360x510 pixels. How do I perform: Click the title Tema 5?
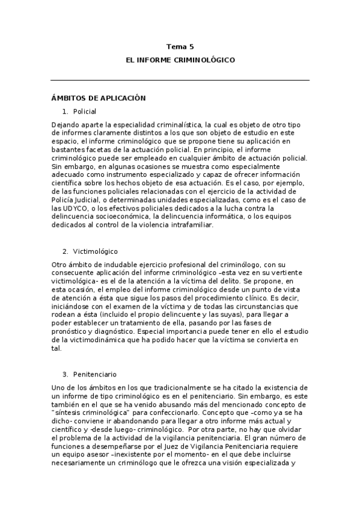[x=180, y=46]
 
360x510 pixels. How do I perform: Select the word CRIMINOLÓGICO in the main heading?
[x=205, y=60]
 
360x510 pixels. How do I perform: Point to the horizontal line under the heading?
[x=180, y=80]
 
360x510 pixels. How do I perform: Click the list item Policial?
[x=85, y=111]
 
